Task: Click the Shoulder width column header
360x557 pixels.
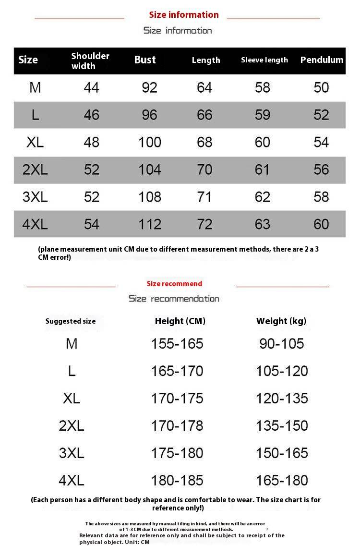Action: (x=90, y=61)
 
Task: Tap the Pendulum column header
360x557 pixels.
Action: (x=322, y=60)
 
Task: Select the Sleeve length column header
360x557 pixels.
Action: (x=264, y=60)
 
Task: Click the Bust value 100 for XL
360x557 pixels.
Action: (x=150, y=142)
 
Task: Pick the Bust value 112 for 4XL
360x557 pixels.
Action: (x=150, y=224)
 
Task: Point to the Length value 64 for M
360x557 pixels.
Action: (x=204, y=87)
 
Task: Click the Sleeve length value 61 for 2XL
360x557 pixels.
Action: (x=263, y=170)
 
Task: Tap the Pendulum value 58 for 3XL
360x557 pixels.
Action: (x=321, y=197)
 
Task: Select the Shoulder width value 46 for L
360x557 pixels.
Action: (x=91, y=115)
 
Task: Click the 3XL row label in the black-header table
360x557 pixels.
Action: (x=35, y=197)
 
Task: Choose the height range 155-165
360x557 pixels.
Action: (x=177, y=344)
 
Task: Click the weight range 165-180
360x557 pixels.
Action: (x=282, y=480)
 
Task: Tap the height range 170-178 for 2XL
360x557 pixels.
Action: (x=177, y=425)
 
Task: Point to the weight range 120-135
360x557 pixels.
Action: (x=282, y=398)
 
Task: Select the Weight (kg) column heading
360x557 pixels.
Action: (x=281, y=321)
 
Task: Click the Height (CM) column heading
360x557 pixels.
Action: (x=180, y=321)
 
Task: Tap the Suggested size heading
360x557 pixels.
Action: (x=71, y=321)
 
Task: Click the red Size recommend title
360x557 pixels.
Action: (x=174, y=284)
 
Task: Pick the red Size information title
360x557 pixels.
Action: (x=183, y=15)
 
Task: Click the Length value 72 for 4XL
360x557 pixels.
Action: (x=204, y=224)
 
